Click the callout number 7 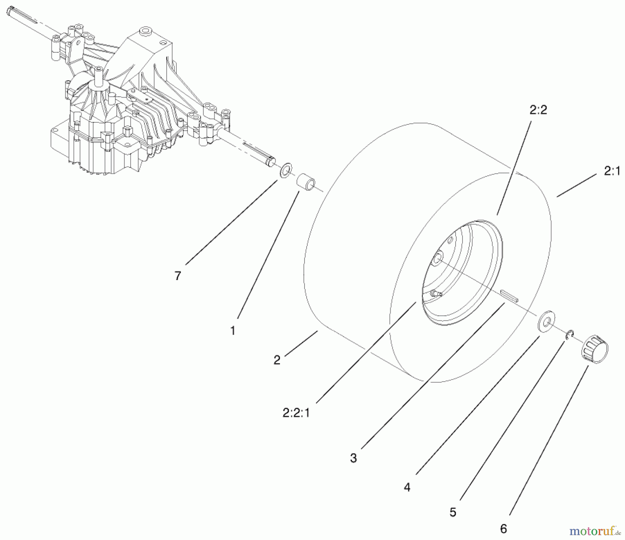[x=178, y=276]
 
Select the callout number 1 [x=233, y=330]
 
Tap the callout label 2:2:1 [x=296, y=413]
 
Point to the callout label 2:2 [x=539, y=110]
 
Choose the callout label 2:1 [x=612, y=171]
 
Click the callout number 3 [x=353, y=458]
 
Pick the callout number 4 [x=407, y=488]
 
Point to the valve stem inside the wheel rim [x=435, y=294]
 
